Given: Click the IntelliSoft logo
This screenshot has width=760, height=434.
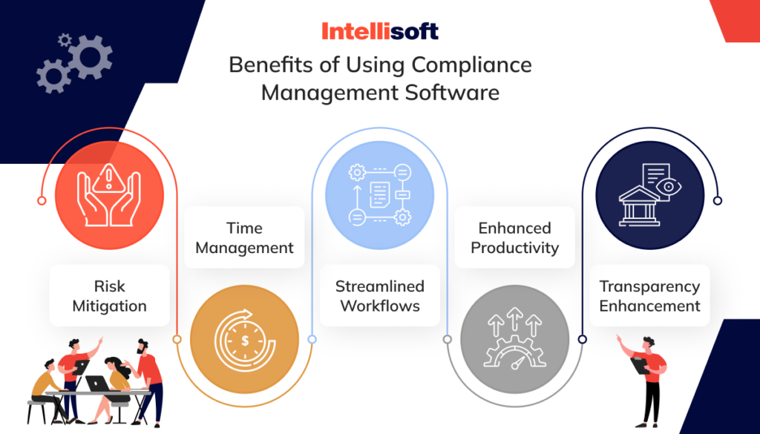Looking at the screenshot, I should coord(379,31).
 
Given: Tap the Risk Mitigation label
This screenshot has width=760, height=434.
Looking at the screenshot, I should coord(109,296).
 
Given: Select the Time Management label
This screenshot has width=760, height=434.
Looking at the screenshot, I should coord(244,237).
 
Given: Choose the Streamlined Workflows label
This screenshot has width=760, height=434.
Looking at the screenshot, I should coord(380,296).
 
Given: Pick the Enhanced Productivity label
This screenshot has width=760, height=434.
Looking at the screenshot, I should coord(514,237).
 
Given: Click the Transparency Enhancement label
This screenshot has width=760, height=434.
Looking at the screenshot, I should coord(649,296).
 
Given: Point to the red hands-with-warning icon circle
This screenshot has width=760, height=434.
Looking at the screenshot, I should coord(110,195).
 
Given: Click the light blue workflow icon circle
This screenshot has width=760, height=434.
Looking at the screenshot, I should coord(380,195).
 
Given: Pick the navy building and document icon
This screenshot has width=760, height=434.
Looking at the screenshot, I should coord(649,195).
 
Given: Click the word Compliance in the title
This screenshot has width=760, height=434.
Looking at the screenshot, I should coord(472,65).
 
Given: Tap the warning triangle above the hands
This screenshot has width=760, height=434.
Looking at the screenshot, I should coord(110,176).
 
